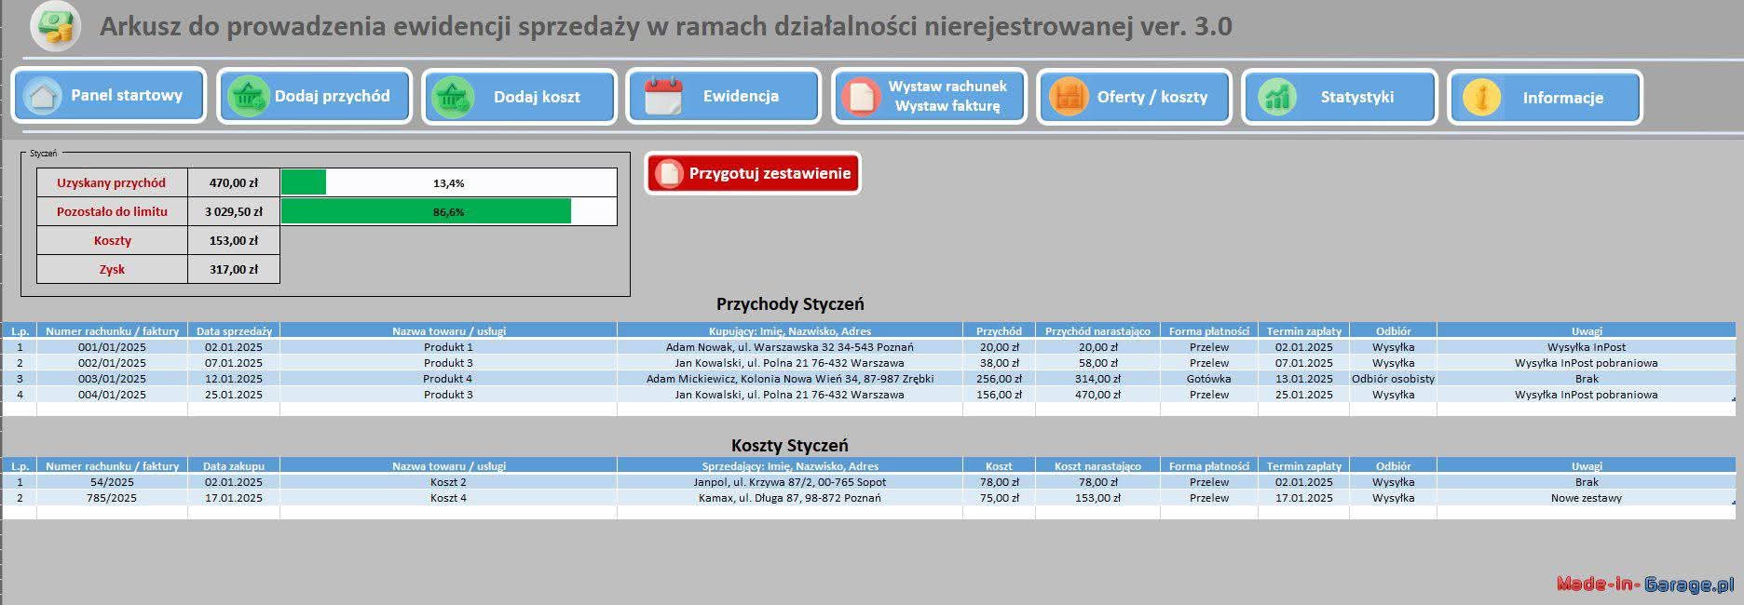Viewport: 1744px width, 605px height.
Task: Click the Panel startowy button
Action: [x=109, y=95]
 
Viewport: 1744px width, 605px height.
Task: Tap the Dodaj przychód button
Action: [x=315, y=96]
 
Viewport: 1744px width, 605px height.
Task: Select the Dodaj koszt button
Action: [x=520, y=96]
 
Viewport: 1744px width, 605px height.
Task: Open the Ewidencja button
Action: [x=724, y=96]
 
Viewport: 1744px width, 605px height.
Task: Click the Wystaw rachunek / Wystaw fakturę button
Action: [x=930, y=96]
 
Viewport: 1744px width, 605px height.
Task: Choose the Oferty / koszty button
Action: [x=1135, y=96]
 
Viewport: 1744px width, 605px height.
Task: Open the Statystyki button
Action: [x=1340, y=96]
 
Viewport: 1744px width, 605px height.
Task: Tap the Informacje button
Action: [x=1545, y=97]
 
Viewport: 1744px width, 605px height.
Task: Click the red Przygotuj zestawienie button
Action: [x=753, y=173]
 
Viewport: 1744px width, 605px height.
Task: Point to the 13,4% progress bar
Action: [x=449, y=182]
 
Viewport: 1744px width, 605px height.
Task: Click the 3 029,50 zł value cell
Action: [x=234, y=211]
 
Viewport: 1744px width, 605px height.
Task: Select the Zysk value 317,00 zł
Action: [x=234, y=269]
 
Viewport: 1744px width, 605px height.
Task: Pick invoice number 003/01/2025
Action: [x=112, y=379]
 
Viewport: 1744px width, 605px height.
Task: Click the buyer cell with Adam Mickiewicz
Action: [x=790, y=379]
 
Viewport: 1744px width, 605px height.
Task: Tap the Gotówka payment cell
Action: [x=1209, y=379]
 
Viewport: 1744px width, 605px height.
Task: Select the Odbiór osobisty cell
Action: [x=1394, y=379]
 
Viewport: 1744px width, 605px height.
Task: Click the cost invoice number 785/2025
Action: [x=112, y=498]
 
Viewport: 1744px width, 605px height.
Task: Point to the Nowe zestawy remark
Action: [x=1587, y=498]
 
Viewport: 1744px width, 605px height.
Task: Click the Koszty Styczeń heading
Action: [x=790, y=445]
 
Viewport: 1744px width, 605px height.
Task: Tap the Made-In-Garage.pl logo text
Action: [x=1645, y=584]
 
